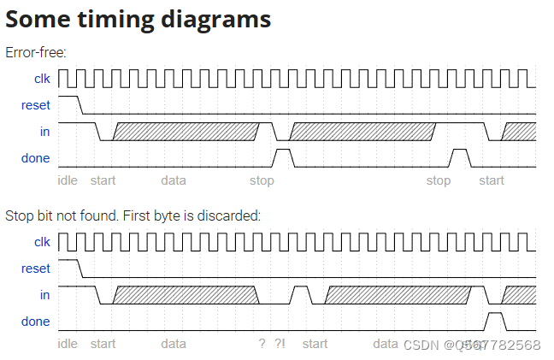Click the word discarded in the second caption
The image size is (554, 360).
pos(232,215)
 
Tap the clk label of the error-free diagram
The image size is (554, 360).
pos(42,80)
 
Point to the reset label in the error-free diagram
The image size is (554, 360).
pos(36,105)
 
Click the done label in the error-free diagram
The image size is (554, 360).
pos(36,158)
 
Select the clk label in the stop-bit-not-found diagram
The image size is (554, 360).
pos(42,242)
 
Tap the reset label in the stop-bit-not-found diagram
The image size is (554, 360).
pos(36,269)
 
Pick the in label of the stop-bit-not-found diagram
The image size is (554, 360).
pos(44,294)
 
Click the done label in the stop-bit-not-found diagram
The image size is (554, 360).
pos(36,322)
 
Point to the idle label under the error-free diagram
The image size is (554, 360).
pos(67,180)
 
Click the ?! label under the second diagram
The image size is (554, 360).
pos(280,344)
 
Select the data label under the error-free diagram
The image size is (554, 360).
pos(174,180)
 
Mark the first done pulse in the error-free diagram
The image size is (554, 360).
pos(282,157)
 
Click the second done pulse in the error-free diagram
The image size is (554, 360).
pos(461,157)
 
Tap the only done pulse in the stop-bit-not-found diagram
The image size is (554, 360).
pos(495,321)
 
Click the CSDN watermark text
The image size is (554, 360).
pos(421,345)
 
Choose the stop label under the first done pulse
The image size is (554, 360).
pos(262,180)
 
